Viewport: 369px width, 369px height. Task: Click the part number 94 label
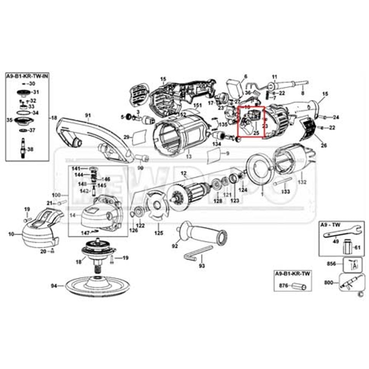(54, 286)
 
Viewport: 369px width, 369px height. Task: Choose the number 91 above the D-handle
(87, 115)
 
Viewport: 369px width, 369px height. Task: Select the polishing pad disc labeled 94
(96, 285)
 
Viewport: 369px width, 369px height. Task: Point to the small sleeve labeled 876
(298, 286)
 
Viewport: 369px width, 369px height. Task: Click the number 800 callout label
(329, 283)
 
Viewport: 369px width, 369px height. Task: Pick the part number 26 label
(324, 145)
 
